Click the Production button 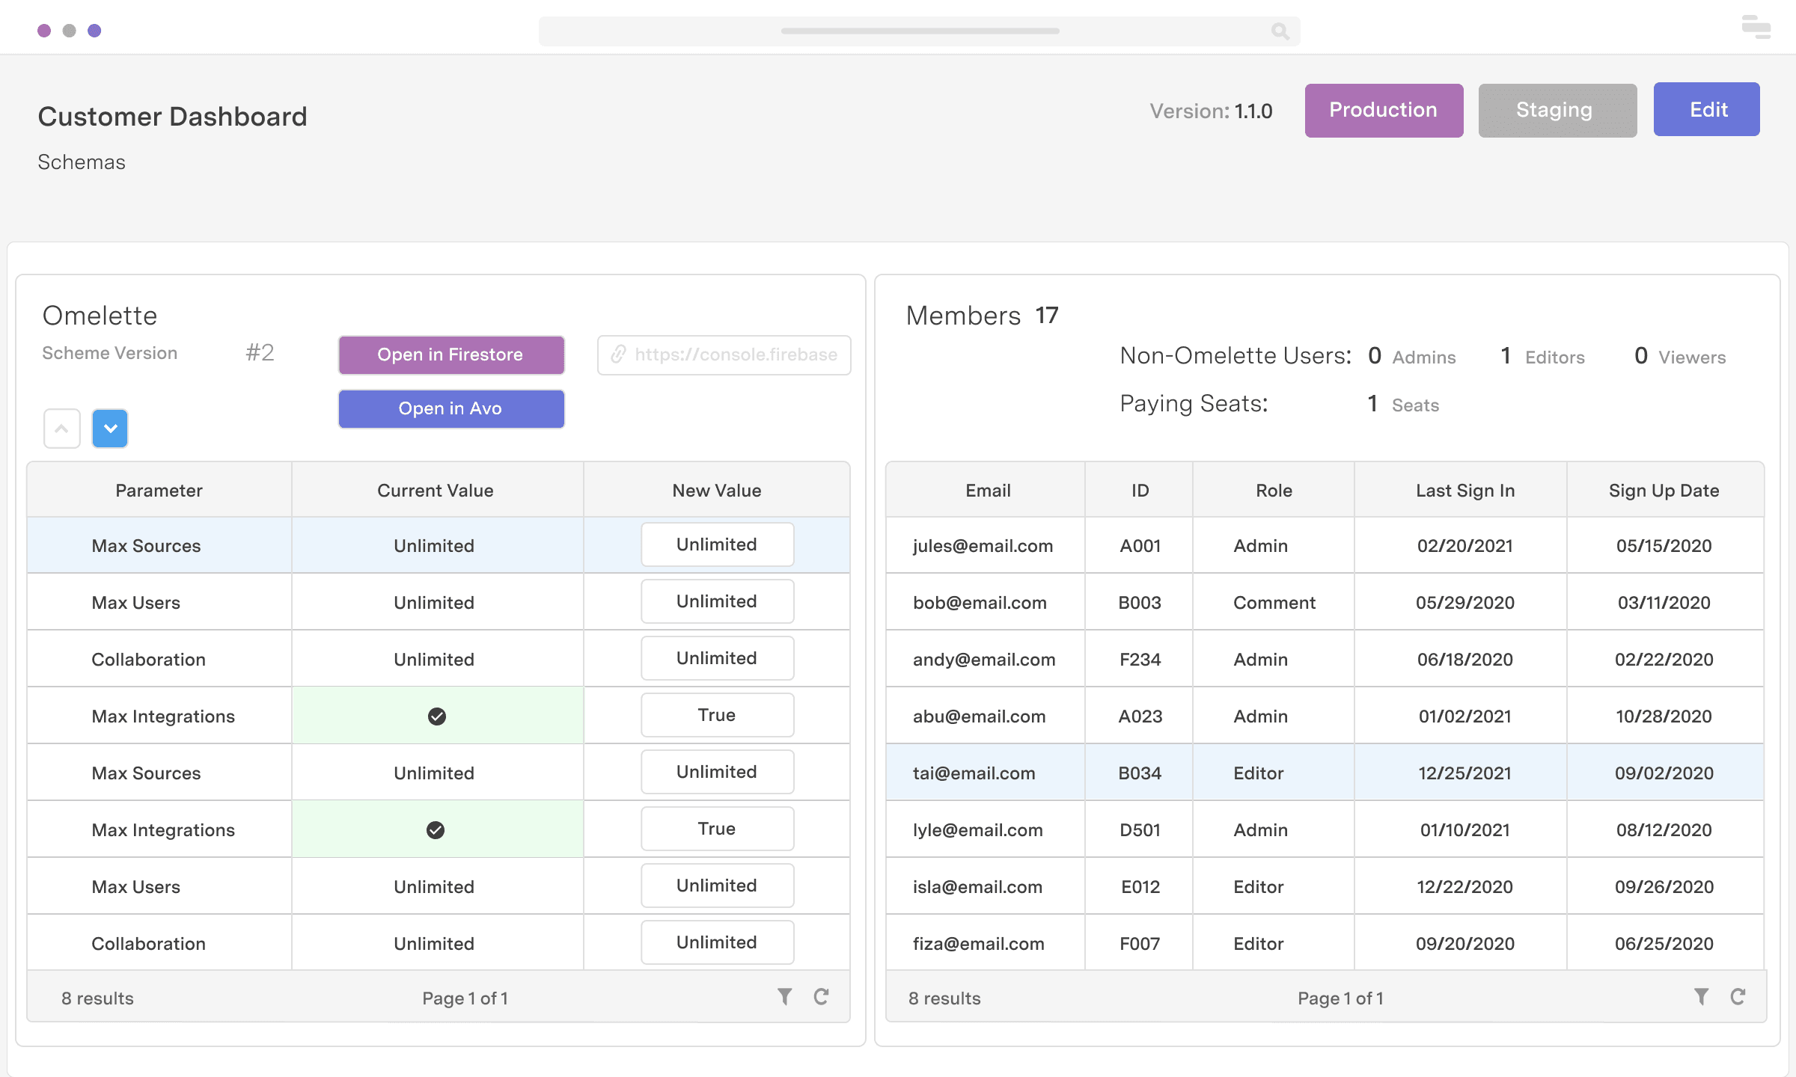coord(1384,110)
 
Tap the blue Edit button coord(1706,110)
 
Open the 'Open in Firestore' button coord(450,355)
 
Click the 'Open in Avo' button coord(450,408)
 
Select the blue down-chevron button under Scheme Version coord(110,429)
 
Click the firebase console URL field coord(724,355)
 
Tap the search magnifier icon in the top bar coord(1280,31)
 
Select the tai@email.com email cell coord(974,773)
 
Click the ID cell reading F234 coord(1140,659)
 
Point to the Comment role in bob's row coord(1274,602)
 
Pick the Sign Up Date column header coord(1664,490)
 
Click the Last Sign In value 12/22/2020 coord(1464,886)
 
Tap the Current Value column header coord(435,490)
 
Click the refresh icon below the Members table coord(1738,996)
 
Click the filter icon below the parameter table coord(784,996)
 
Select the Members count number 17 coord(1046,315)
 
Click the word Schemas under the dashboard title coord(82,162)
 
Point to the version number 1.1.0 coord(1253,111)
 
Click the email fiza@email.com coord(978,943)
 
